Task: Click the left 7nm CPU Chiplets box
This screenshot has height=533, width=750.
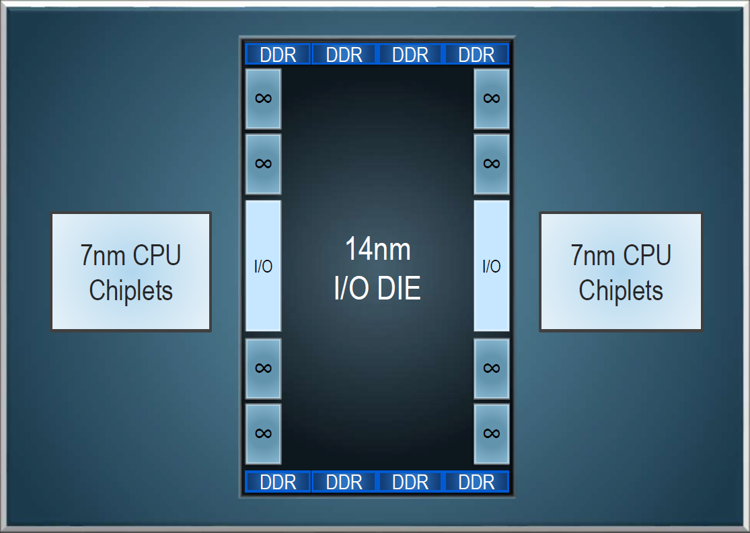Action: (131, 272)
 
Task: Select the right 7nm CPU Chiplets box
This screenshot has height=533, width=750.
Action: (621, 272)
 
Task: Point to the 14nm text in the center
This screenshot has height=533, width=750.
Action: (377, 249)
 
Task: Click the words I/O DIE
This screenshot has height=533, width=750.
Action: (377, 288)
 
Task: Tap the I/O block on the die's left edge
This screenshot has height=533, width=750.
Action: (263, 266)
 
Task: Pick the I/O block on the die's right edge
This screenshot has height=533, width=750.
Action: (491, 266)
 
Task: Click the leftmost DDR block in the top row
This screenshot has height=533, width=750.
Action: (278, 55)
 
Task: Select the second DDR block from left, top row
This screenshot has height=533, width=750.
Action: (344, 55)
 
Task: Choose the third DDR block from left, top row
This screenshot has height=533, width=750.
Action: (410, 55)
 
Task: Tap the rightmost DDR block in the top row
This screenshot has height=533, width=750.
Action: (476, 55)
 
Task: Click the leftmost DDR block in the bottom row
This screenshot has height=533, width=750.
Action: (278, 482)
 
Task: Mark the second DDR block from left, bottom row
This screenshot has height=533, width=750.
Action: (344, 482)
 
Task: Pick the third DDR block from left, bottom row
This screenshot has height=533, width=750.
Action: (410, 482)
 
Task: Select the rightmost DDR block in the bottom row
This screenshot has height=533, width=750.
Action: (476, 482)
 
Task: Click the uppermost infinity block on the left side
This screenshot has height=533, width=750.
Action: (263, 98)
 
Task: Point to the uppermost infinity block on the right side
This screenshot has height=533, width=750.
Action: (491, 98)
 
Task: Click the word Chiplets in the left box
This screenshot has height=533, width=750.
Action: (131, 291)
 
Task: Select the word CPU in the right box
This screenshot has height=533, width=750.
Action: (646, 255)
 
